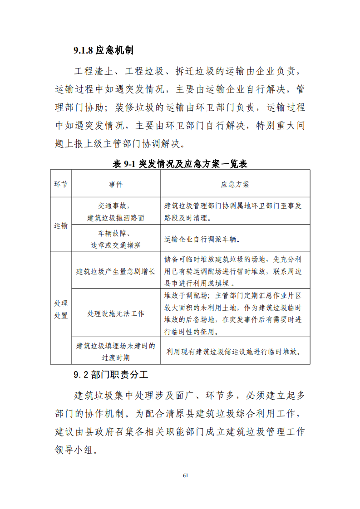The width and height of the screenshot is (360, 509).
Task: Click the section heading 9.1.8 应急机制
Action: pyautogui.click(x=103, y=50)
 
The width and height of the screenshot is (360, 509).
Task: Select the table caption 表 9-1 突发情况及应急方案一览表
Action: pyautogui.click(x=180, y=164)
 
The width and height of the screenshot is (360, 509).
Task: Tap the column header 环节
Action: pyautogui.click(x=61, y=184)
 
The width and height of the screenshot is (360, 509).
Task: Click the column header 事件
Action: pyautogui.click(x=116, y=184)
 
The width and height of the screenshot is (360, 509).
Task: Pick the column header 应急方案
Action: pyautogui.click(x=235, y=184)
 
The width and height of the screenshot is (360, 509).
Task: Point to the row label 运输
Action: pyautogui.click(x=61, y=225)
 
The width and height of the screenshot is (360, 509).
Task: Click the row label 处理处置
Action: pyautogui.click(x=61, y=309)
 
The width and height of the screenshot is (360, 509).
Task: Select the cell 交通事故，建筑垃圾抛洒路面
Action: pyautogui.click(x=116, y=211)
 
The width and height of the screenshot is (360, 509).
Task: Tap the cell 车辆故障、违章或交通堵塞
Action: pyautogui.click(x=116, y=239)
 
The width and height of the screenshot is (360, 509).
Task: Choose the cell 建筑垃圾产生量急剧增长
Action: pyautogui.click(x=116, y=272)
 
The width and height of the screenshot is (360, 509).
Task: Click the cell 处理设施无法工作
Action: pyautogui.click(x=116, y=313)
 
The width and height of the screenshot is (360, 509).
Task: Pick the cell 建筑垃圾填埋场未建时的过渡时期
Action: pyautogui.click(x=116, y=351)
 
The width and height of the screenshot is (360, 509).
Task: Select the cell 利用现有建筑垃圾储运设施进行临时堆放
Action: pyautogui.click(x=235, y=351)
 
